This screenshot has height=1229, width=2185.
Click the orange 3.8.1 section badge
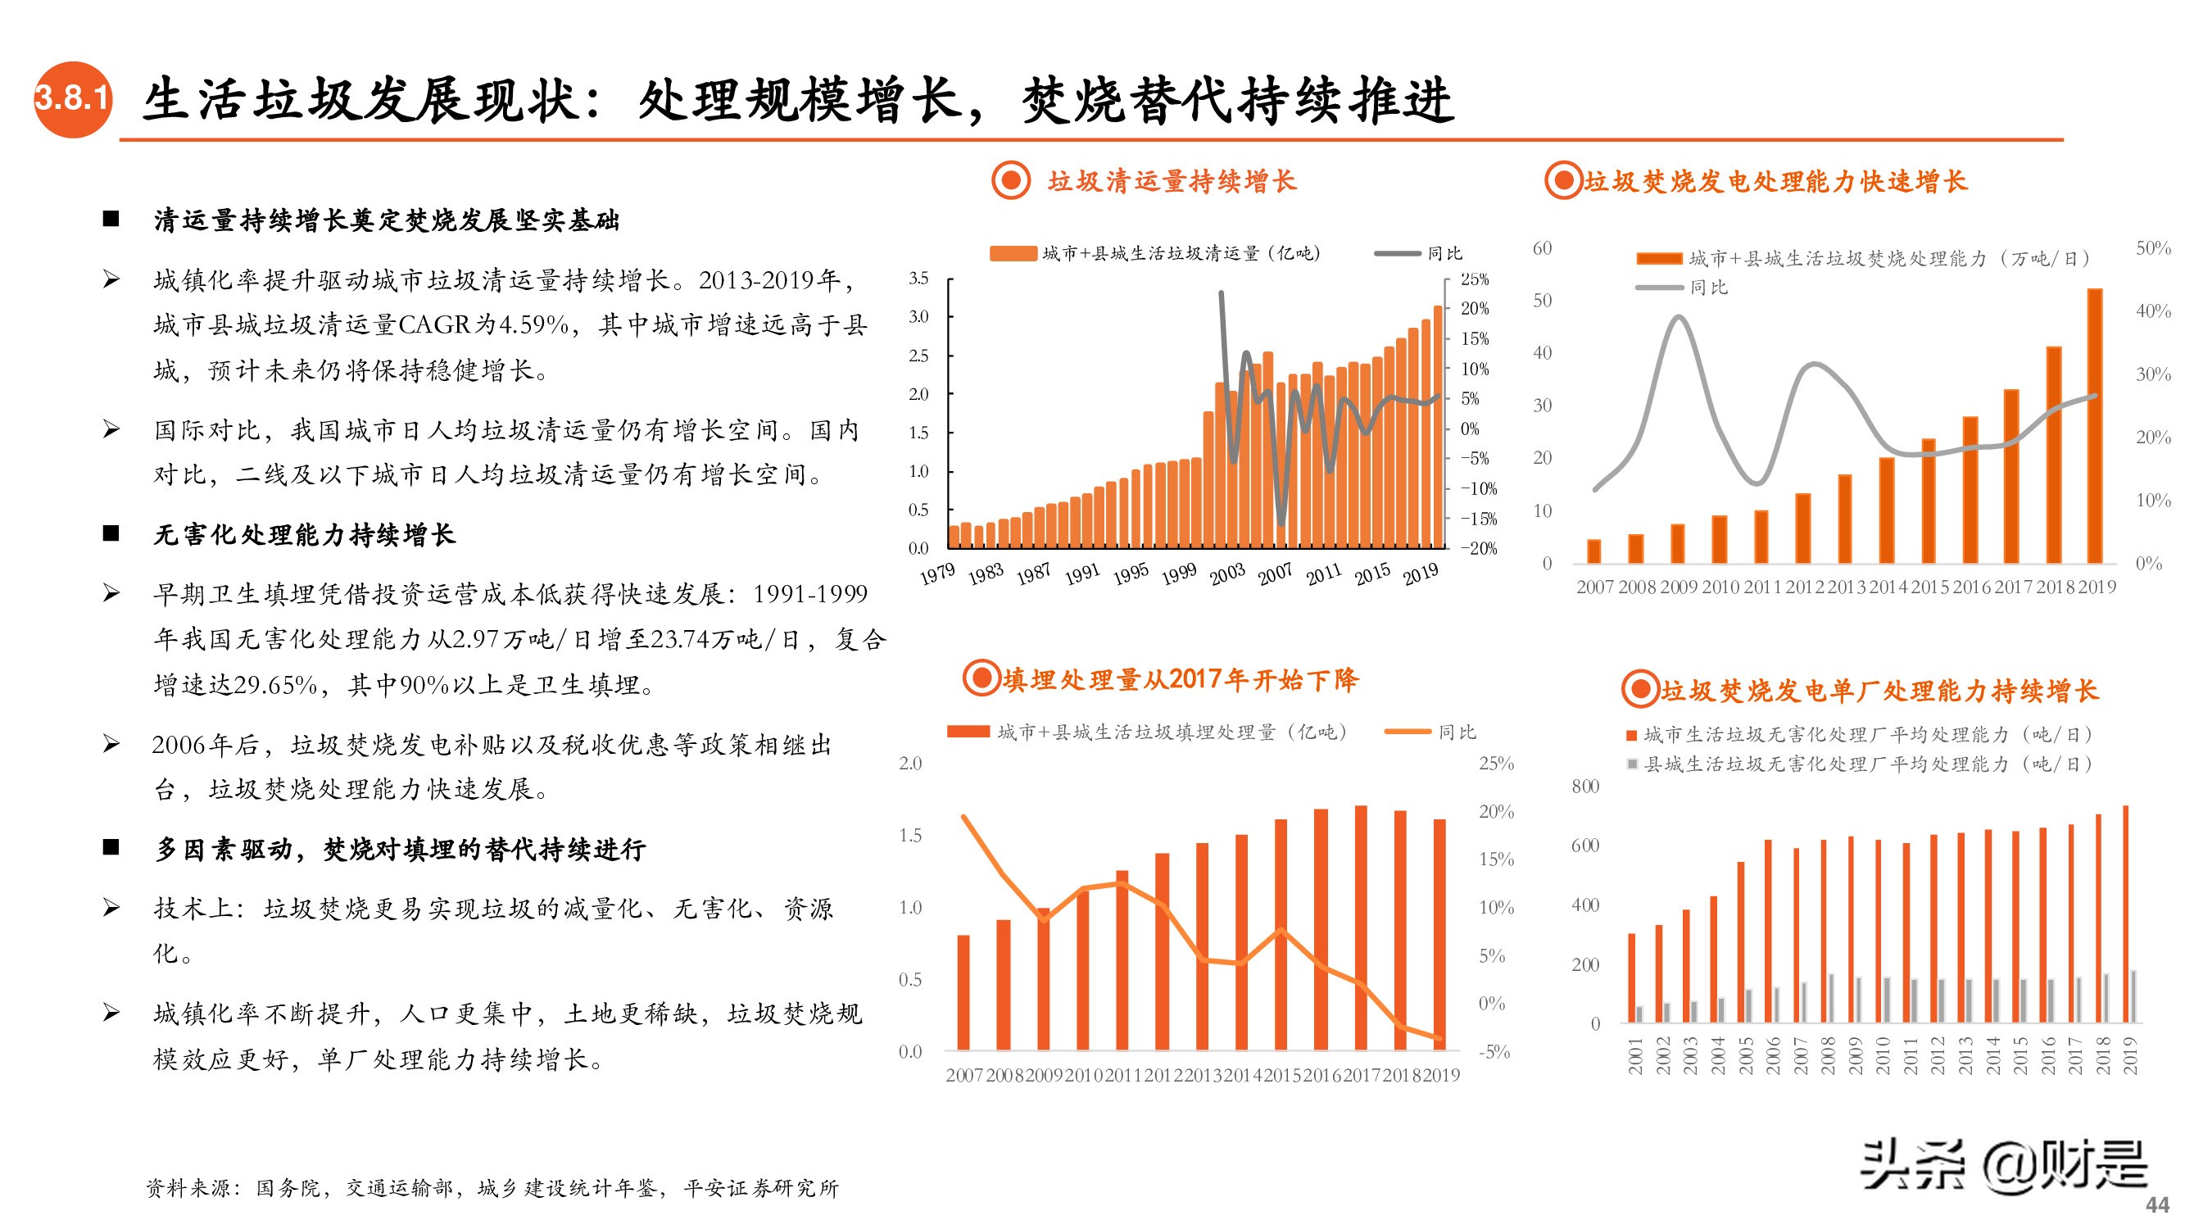click(73, 99)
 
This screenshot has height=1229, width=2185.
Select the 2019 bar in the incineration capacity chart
click(2094, 426)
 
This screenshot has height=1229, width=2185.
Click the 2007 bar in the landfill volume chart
click(963, 992)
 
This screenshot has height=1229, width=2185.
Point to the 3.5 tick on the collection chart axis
click(918, 279)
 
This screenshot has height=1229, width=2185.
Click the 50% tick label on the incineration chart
click(2153, 248)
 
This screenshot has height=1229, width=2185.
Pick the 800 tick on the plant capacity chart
click(1584, 787)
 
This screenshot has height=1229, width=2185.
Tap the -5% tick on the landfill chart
click(1495, 1052)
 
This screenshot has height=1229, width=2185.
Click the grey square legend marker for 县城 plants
click(1632, 764)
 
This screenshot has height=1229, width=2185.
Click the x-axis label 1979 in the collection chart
click(938, 575)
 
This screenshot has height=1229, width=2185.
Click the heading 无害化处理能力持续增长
click(305, 534)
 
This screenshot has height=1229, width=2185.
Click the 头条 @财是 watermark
click(2003, 1165)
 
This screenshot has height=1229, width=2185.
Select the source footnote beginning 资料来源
click(492, 1188)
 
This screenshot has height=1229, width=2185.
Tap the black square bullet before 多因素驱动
click(111, 847)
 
